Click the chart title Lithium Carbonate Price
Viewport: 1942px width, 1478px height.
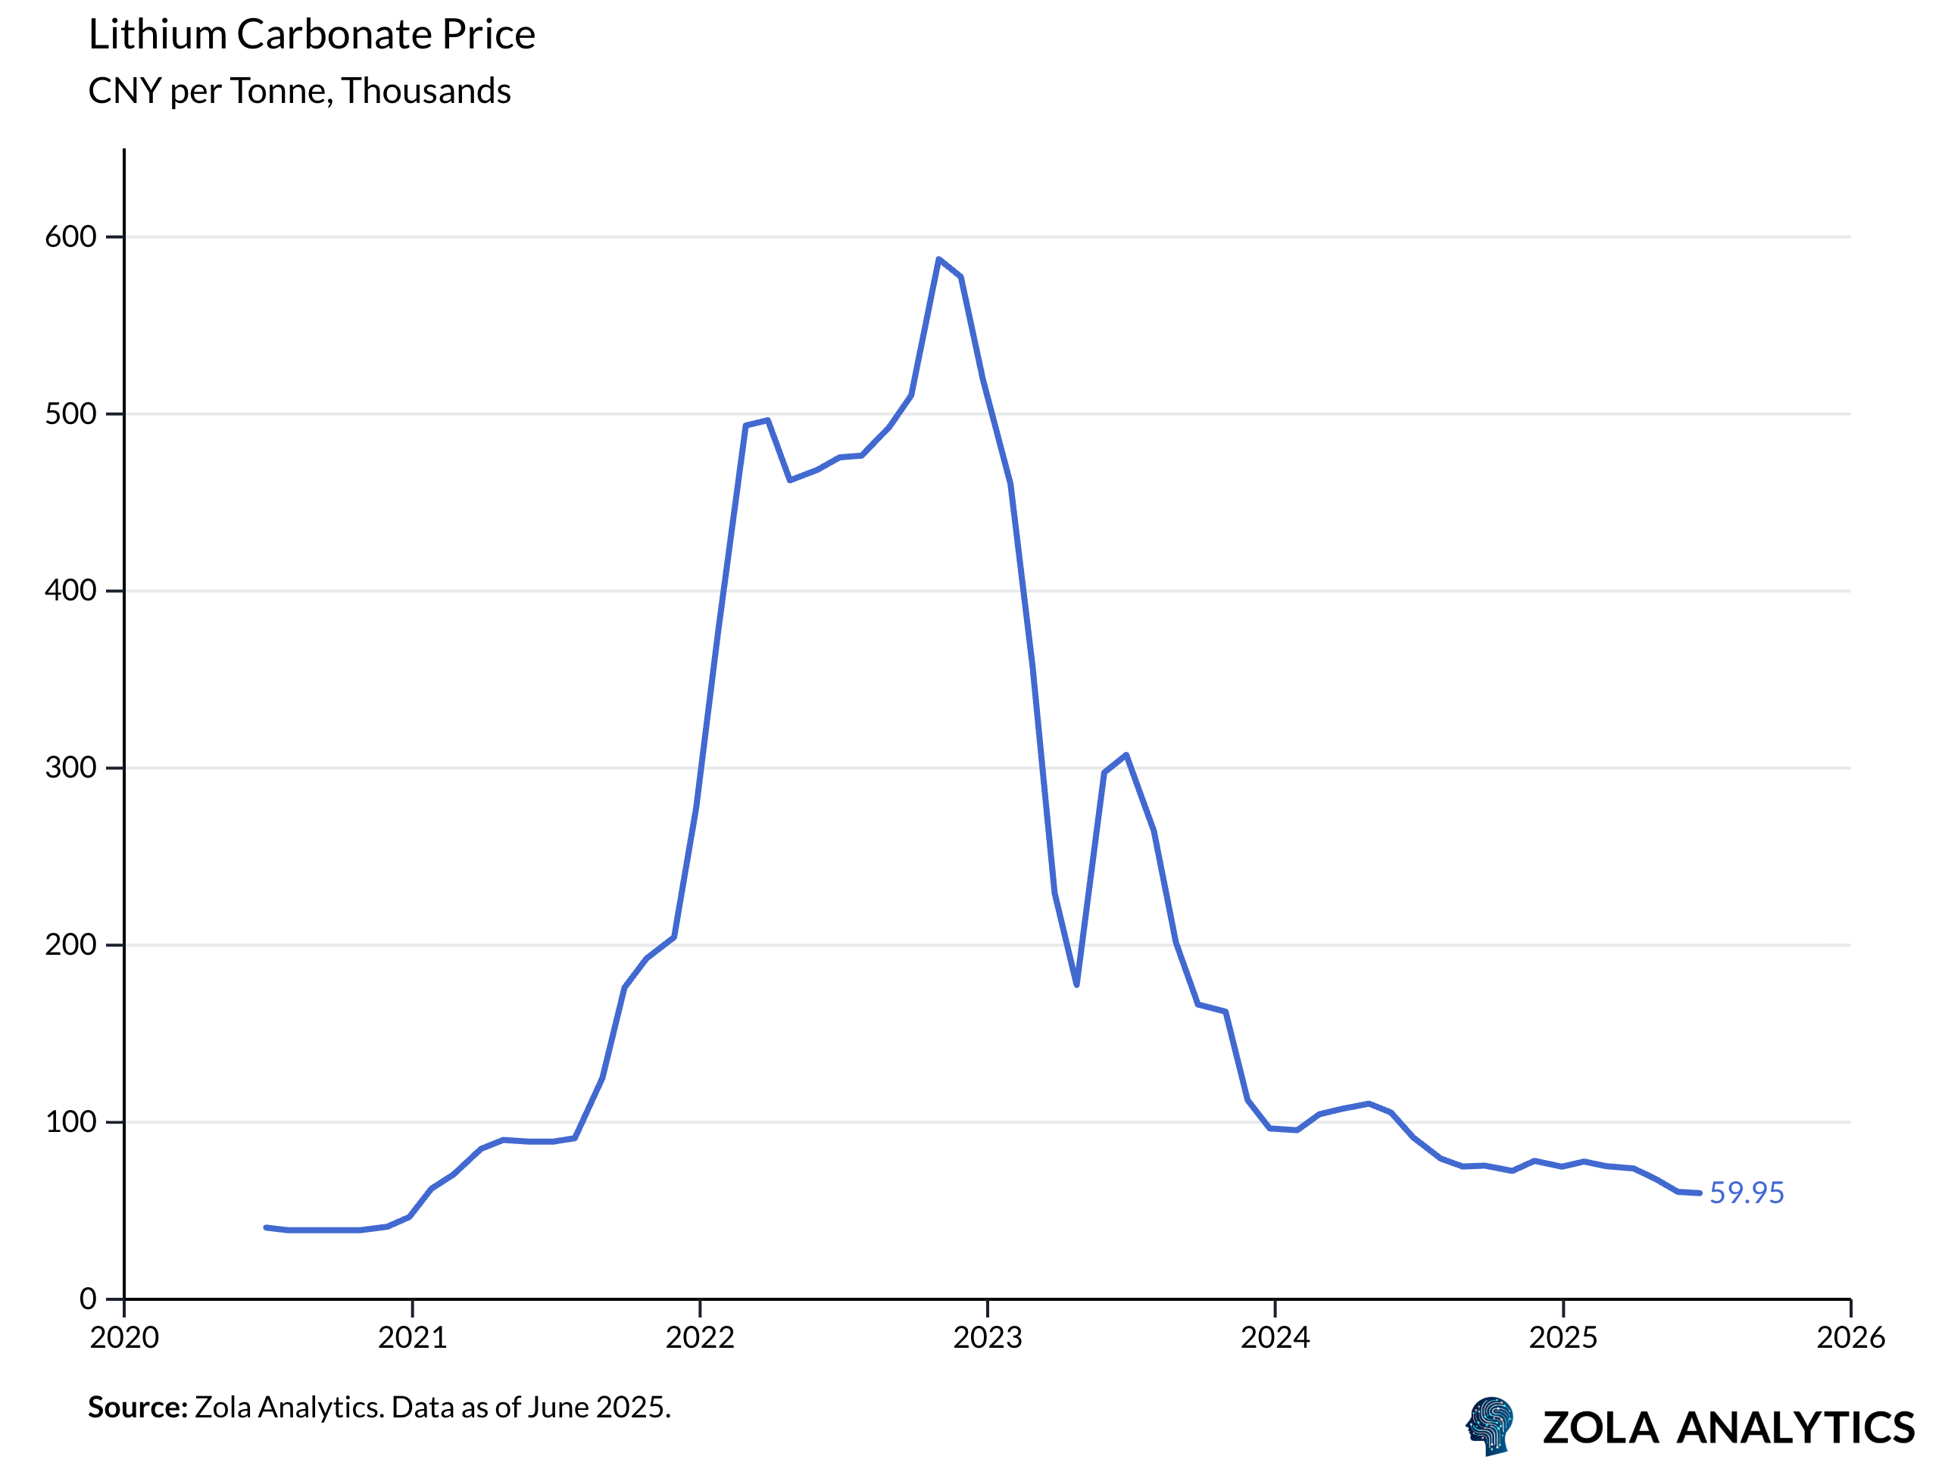pyautogui.click(x=311, y=35)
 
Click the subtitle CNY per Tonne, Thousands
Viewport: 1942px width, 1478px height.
pyautogui.click(x=299, y=92)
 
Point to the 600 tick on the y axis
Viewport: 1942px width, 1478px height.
pyautogui.click(x=70, y=237)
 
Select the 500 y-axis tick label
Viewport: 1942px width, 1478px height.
pyautogui.click(x=70, y=413)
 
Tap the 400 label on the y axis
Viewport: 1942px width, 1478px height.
pyautogui.click(x=70, y=591)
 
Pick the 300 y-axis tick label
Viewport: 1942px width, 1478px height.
pyautogui.click(x=70, y=768)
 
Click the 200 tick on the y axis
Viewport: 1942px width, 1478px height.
pyautogui.click(x=70, y=945)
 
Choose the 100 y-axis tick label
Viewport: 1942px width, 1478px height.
pyautogui.click(x=70, y=1121)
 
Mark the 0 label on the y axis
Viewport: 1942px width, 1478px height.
pyautogui.click(x=88, y=1299)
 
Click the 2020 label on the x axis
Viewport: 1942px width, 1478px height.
pyautogui.click(x=124, y=1338)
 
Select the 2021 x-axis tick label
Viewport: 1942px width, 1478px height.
pyautogui.click(x=412, y=1338)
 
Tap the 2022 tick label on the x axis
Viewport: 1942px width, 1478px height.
pyautogui.click(x=700, y=1338)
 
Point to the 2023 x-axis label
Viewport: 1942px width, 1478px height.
pyautogui.click(x=987, y=1338)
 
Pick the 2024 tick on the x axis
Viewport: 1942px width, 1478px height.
pyautogui.click(x=1275, y=1338)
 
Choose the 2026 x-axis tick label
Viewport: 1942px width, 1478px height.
pyautogui.click(x=1850, y=1338)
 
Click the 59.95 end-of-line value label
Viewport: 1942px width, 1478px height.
pyautogui.click(x=1746, y=1193)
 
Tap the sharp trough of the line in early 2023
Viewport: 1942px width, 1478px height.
pyautogui.click(x=1077, y=984)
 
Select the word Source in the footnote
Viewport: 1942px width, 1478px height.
pyautogui.click(x=137, y=1408)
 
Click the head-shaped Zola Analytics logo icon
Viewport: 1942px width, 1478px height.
pyautogui.click(x=1491, y=1426)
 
